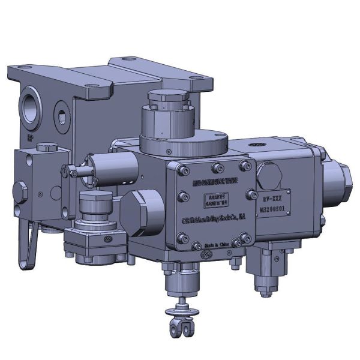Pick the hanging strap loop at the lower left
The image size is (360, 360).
pos(26,238)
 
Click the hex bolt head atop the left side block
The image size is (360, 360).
pos(44,148)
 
